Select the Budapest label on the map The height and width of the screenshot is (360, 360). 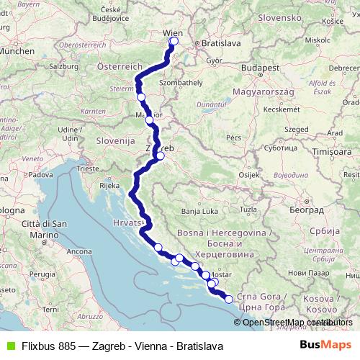[261, 68]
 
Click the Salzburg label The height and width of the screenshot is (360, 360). [65, 66]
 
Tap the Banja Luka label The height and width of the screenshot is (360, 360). [198, 211]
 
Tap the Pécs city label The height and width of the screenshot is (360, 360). [233, 137]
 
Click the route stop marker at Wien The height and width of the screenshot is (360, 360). [174, 41]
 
